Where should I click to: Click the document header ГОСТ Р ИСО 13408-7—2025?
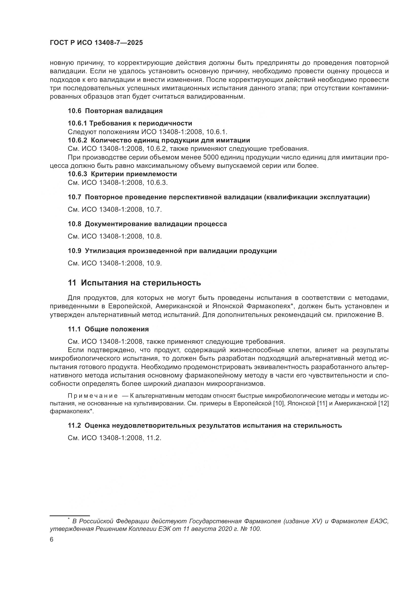[96, 43]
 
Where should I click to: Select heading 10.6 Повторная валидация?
[115, 111]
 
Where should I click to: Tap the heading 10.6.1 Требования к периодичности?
[130, 123]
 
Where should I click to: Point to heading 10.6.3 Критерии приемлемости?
[122, 174]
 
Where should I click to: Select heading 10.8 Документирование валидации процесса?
[147, 224]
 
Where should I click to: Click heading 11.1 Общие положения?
[108, 329]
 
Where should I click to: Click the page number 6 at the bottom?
[52, 540]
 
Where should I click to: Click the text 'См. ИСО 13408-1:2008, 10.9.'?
[115, 263]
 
